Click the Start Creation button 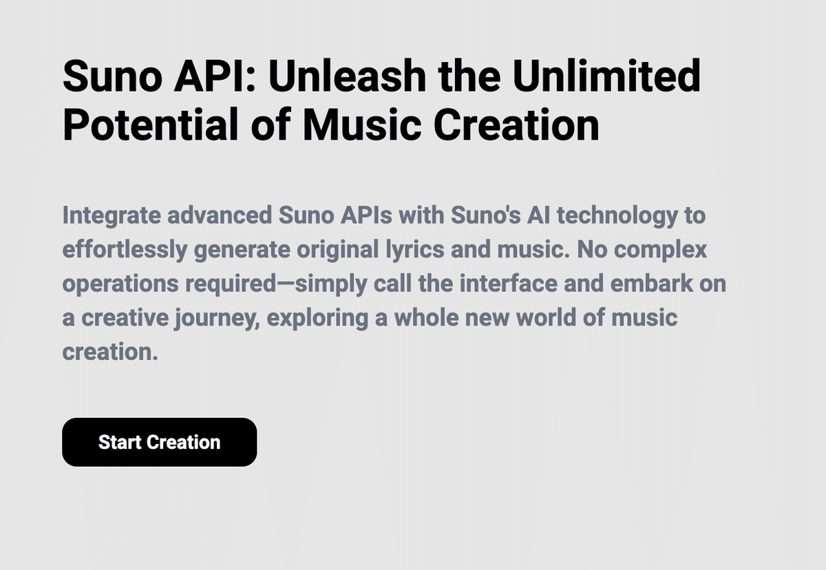pos(159,442)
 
